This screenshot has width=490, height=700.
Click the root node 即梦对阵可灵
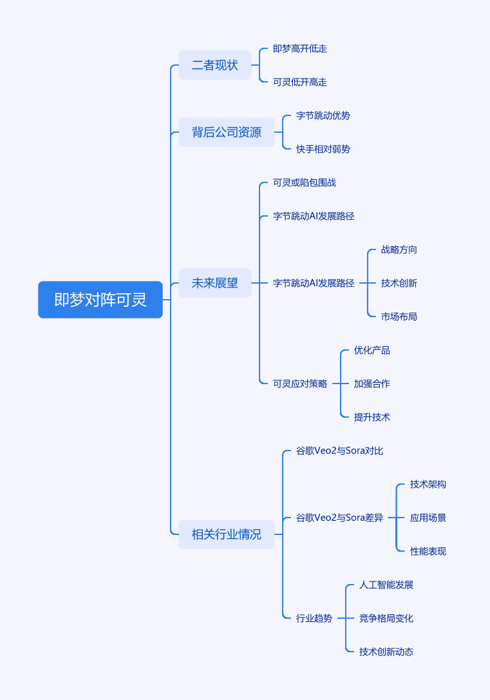click(x=100, y=300)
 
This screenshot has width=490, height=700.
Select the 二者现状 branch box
click(x=215, y=65)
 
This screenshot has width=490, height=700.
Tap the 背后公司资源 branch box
click(x=227, y=132)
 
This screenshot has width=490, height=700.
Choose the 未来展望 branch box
click(x=215, y=283)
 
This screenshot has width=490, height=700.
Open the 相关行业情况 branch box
click(x=227, y=534)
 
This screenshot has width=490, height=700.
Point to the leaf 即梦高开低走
click(x=300, y=48)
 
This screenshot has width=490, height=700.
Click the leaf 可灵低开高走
click(x=300, y=82)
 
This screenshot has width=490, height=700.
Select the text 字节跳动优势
click(x=323, y=115)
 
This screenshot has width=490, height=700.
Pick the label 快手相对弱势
click(x=323, y=149)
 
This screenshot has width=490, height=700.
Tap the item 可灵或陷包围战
click(x=305, y=182)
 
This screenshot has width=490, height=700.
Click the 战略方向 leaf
click(x=399, y=249)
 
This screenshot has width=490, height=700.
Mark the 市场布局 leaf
click(x=399, y=316)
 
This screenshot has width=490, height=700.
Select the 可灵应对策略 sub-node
click(x=300, y=384)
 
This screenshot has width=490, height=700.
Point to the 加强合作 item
click(x=372, y=384)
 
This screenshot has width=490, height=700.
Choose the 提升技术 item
click(x=372, y=417)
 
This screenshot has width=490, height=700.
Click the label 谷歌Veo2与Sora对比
click(x=340, y=451)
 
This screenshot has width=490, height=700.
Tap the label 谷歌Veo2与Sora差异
click(x=340, y=518)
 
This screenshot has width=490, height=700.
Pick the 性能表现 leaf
click(x=428, y=551)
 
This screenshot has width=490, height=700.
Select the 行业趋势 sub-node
click(x=314, y=618)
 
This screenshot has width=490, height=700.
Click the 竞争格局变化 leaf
click(x=386, y=618)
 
